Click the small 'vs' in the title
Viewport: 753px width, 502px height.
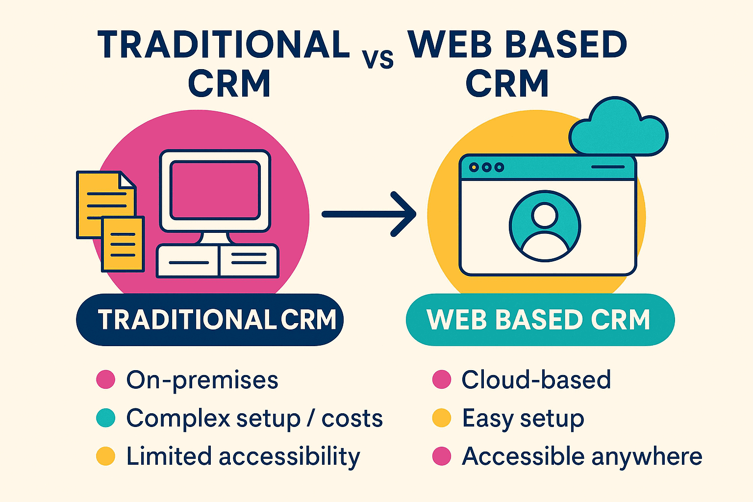tap(378, 59)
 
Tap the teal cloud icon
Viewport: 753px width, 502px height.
tap(619, 128)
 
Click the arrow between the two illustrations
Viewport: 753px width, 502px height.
tap(369, 214)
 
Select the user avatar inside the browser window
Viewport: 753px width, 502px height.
tap(545, 227)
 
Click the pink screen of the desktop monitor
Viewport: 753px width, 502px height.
tap(215, 190)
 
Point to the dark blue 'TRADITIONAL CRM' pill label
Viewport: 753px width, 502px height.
tap(210, 320)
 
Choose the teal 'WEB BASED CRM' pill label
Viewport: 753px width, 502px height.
tap(540, 320)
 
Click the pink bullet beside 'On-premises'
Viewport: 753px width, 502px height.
tap(105, 379)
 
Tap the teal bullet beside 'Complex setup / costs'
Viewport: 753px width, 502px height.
tap(105, 418)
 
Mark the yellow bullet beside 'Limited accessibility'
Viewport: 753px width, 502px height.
tap(105, 456)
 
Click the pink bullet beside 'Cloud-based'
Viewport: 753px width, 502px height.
tap(441, 379)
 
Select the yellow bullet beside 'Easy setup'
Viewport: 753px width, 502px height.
tap(441, 418)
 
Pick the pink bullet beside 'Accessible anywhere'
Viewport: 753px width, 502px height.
tap(441, 456)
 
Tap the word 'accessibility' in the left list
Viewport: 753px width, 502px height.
tap(289, 457)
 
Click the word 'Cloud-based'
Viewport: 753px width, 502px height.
tap(536, 380)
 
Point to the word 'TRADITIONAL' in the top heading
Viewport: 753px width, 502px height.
tap(224, 45)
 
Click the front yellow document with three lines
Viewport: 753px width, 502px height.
tap(123, 244)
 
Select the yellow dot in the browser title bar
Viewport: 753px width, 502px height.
tap(474, 167)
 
